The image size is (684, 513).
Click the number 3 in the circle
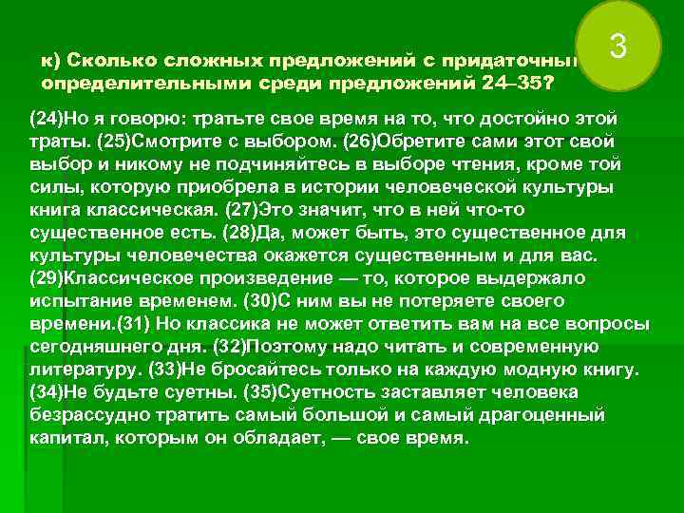pyautogui.click(x=617, y=46)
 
